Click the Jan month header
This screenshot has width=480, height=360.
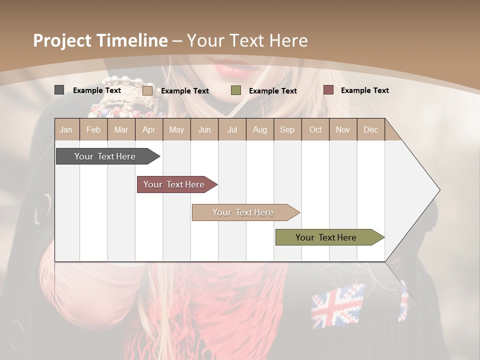[66, 130]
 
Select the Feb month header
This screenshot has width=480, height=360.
[93, 130]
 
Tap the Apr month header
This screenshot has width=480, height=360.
[148, 130]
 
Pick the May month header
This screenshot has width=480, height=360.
[176, 130]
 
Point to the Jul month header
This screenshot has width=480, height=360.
[232, 130]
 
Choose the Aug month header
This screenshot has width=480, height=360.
[260, 130]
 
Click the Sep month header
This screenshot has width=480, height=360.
[287, 130]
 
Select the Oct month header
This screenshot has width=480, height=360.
[315, 130]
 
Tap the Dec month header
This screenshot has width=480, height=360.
[371, 130]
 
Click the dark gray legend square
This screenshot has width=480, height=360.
[59, 90]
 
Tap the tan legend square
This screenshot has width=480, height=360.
[147, 90]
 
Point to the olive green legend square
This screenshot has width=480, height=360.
[236, 90]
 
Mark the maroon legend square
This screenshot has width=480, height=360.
[328, 90]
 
